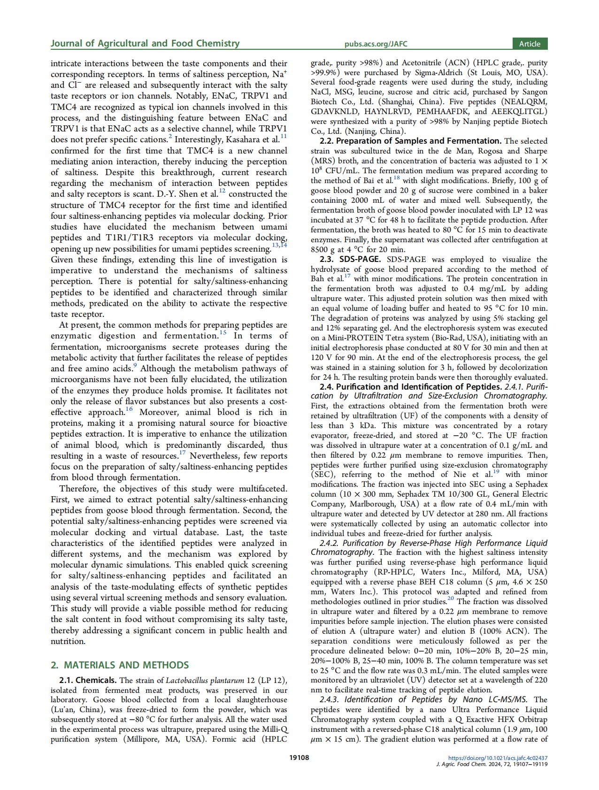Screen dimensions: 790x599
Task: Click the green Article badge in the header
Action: [530, 44]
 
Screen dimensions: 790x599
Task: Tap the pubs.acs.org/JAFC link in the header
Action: [376, 44]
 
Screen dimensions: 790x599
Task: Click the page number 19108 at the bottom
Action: [299, 757]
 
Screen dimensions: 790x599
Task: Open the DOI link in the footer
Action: [498, 758]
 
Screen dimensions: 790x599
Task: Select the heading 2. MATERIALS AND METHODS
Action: [120, 665]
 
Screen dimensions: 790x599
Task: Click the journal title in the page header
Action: [145, 44]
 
